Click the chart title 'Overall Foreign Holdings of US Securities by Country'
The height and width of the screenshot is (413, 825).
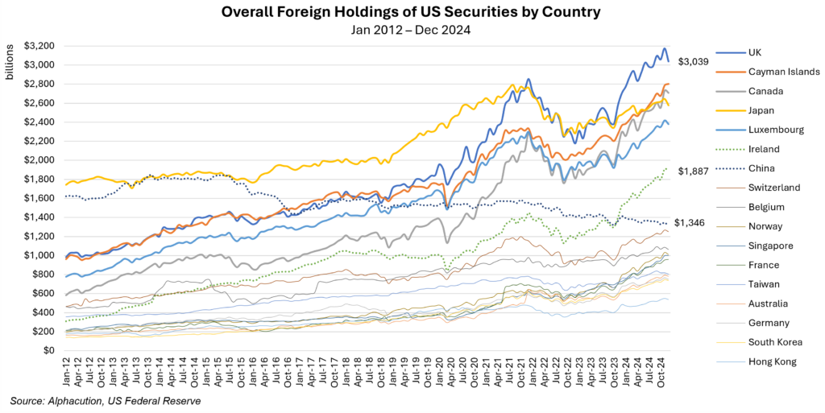(412, 12)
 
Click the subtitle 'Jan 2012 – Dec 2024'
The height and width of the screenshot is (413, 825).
(412, 31)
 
